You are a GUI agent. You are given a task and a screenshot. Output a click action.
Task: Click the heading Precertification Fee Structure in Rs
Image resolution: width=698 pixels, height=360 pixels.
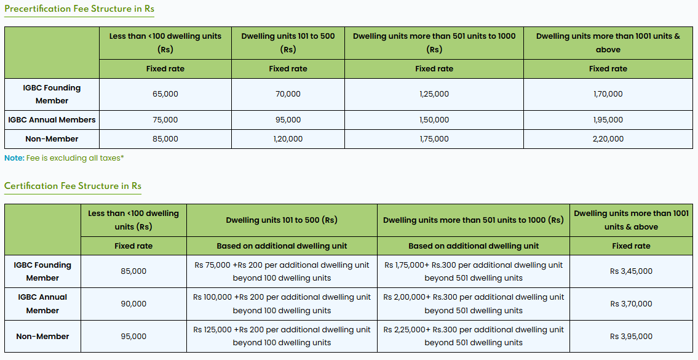[79, 9]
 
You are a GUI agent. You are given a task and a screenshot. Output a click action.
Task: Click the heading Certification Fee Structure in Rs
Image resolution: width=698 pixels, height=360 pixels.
[73, 186]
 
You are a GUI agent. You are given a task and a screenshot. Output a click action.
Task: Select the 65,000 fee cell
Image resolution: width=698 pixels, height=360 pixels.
[165, 94]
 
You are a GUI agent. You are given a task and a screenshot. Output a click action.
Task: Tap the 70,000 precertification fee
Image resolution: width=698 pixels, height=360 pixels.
[288, 94]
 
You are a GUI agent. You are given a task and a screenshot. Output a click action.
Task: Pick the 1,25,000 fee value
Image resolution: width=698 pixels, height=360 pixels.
[434, 94]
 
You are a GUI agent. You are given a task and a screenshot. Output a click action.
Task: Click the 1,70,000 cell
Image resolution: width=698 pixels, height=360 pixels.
[608, 94]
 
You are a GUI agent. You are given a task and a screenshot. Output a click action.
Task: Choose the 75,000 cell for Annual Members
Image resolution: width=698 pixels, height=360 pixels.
[165, 120]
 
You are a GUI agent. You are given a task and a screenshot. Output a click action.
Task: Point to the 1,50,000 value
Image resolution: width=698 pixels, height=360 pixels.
[434, 120]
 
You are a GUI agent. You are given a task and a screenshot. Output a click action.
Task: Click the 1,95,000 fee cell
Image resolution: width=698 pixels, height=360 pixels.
[608, 120]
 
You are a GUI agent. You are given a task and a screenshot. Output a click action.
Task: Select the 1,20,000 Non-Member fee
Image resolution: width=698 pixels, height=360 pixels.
[288, 139]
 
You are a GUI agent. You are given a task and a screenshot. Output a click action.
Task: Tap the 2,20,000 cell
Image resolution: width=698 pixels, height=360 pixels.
[608, 139]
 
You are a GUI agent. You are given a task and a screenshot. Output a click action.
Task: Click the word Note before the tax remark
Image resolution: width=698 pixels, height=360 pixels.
[14, 158]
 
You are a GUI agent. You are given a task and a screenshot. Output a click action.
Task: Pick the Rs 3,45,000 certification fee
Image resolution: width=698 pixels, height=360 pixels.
[631, 271]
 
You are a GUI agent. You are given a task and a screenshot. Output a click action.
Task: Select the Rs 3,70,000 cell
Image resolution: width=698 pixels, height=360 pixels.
[631, 303]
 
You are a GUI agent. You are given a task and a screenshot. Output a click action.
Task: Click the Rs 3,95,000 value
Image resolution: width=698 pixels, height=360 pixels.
[631, 337]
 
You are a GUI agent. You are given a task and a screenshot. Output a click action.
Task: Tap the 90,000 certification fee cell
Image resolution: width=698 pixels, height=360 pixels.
[133, 303]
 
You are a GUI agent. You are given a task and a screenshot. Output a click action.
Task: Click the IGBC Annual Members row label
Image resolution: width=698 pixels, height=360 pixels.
[52, 120]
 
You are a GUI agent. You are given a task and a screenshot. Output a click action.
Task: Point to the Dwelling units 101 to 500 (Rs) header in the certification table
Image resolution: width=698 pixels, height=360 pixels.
[282, 220]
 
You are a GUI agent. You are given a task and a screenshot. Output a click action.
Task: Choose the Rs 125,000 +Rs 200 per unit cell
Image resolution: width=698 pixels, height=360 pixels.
[282, 336]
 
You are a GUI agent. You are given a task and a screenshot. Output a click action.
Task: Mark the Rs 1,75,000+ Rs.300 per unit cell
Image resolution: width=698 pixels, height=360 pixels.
[474, 271]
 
